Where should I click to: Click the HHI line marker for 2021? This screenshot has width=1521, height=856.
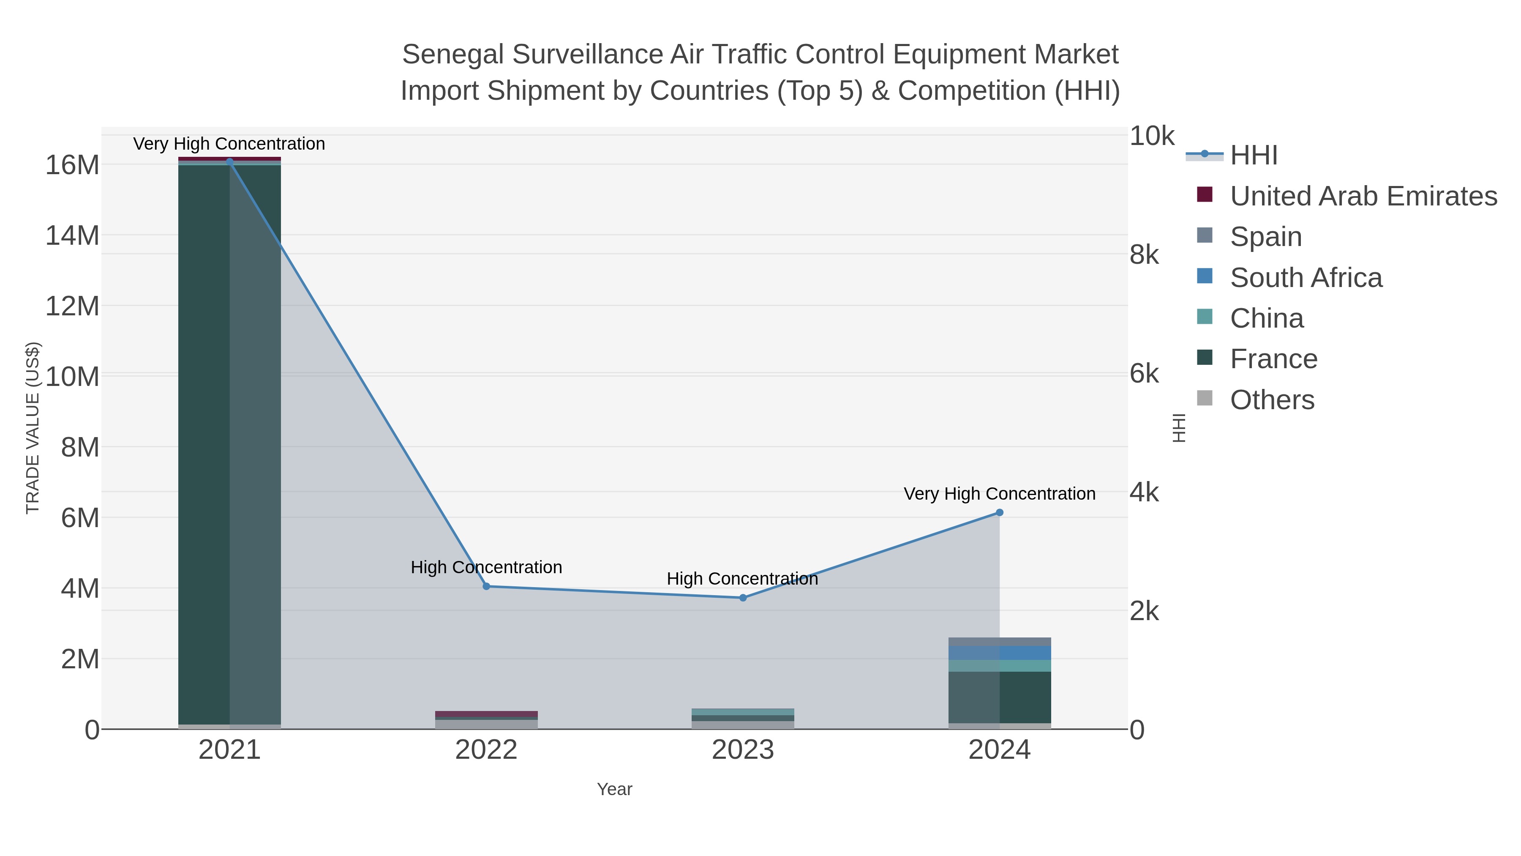pyautogui.click(x=230, y=161)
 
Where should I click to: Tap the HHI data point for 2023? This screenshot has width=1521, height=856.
pyautogui.click(x=743, y=598)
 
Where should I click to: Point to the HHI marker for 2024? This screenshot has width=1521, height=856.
pyautogui.click(x=999, y=513)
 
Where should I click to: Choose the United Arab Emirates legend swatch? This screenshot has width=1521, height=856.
pyautogui.click(x=1205, y=195)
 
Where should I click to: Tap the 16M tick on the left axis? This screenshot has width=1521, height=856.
pyautogui.click(x=72, y=165)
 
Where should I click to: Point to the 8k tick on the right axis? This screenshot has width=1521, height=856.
pyautogui.click(x=1144, y=255)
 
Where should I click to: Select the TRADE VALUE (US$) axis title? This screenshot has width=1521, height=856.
pyautogui.click(x=33, y=428)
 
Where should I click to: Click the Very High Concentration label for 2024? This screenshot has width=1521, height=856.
pyautogui.click(x=999, y=493)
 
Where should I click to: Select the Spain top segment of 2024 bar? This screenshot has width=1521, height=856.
pyautogui.click(x=999, y=642)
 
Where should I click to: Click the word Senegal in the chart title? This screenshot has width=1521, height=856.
pyautogui.click(x=452, y=55)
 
